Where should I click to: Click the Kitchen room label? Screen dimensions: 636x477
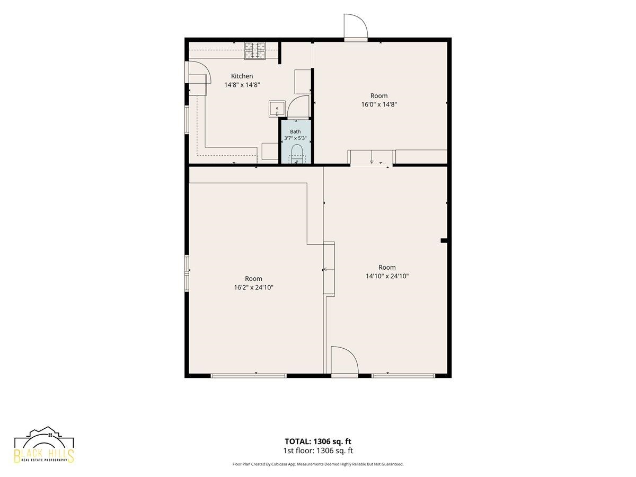click(242, 76)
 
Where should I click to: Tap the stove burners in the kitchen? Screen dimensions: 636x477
click(255, 51)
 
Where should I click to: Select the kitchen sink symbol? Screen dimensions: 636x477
click(277, 109)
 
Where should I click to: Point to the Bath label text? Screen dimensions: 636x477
click(295, 131)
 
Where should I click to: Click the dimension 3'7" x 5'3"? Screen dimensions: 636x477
click(295, 138)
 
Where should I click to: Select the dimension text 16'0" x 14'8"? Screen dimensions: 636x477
click(379, 104)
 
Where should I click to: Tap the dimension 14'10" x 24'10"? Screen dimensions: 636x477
click(387, 276)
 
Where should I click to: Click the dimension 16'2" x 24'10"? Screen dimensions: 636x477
click(253, 287)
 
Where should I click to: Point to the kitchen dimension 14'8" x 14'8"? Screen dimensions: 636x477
click(242, 85)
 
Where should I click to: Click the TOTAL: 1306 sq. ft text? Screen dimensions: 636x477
click(318, 441)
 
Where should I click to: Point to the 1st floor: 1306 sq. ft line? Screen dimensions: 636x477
click(318, 450)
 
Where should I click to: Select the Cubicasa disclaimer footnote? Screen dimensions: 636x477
click(318, 464)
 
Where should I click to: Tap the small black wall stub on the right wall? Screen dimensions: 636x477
click(444, 241)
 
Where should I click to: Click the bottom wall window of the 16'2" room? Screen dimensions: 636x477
click(249, 376)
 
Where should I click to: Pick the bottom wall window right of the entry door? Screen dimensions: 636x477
click(403, 376)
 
